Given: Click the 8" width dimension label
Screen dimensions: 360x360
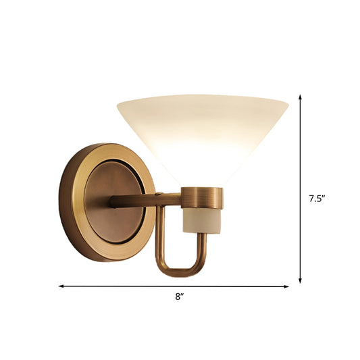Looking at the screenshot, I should pos(178,297).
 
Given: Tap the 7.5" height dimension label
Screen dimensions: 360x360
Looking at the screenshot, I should pos(317,199).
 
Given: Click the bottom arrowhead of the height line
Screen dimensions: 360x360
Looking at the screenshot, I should pos(300,281).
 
